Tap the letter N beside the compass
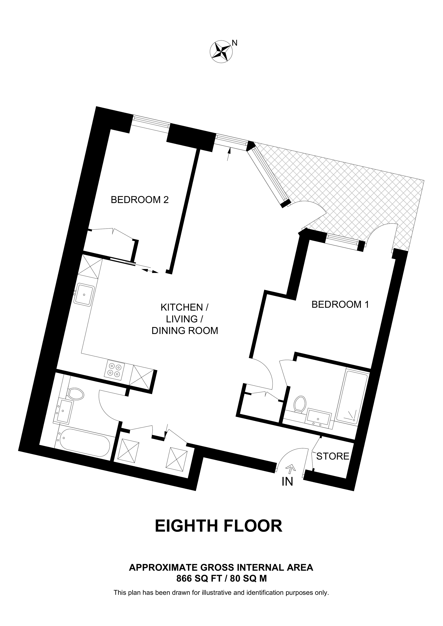pyautogui.click(x=234, y=43)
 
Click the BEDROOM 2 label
pyautogui.click(x=140, y=200)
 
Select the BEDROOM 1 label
pyautogui.click(x=340, y=304)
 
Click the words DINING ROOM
pyautogui.click(x=185, y=331)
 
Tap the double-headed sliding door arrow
pyautogui.click(x=150, y=271)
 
